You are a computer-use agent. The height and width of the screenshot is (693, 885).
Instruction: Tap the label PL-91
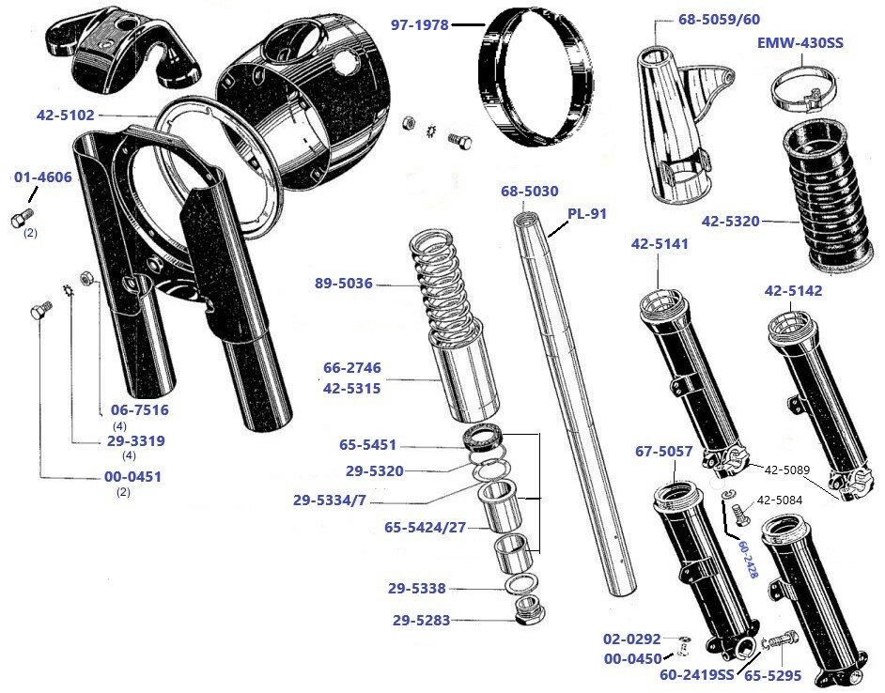click(x=587, y=213)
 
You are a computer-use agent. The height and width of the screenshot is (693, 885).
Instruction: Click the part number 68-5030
click(x=529, y=191)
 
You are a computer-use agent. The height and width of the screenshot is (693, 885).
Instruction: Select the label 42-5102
click(x=66, y=115)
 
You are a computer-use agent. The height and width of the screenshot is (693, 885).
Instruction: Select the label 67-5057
click(x=663, y=452)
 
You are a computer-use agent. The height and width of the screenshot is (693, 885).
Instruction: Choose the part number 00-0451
click(x=132, y=476)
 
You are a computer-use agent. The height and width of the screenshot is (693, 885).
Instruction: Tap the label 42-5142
click(x=793, y=291)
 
